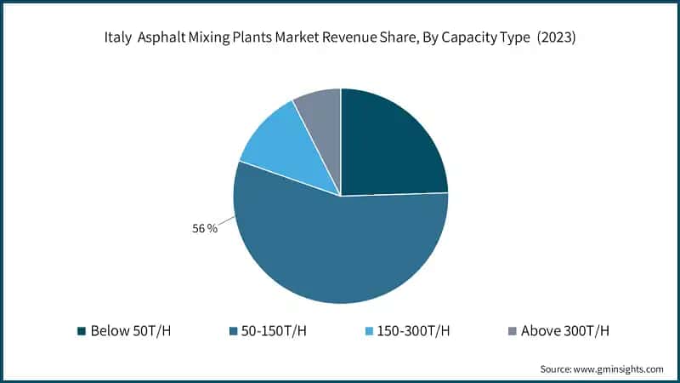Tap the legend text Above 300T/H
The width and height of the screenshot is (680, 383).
[x=564, y=331]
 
